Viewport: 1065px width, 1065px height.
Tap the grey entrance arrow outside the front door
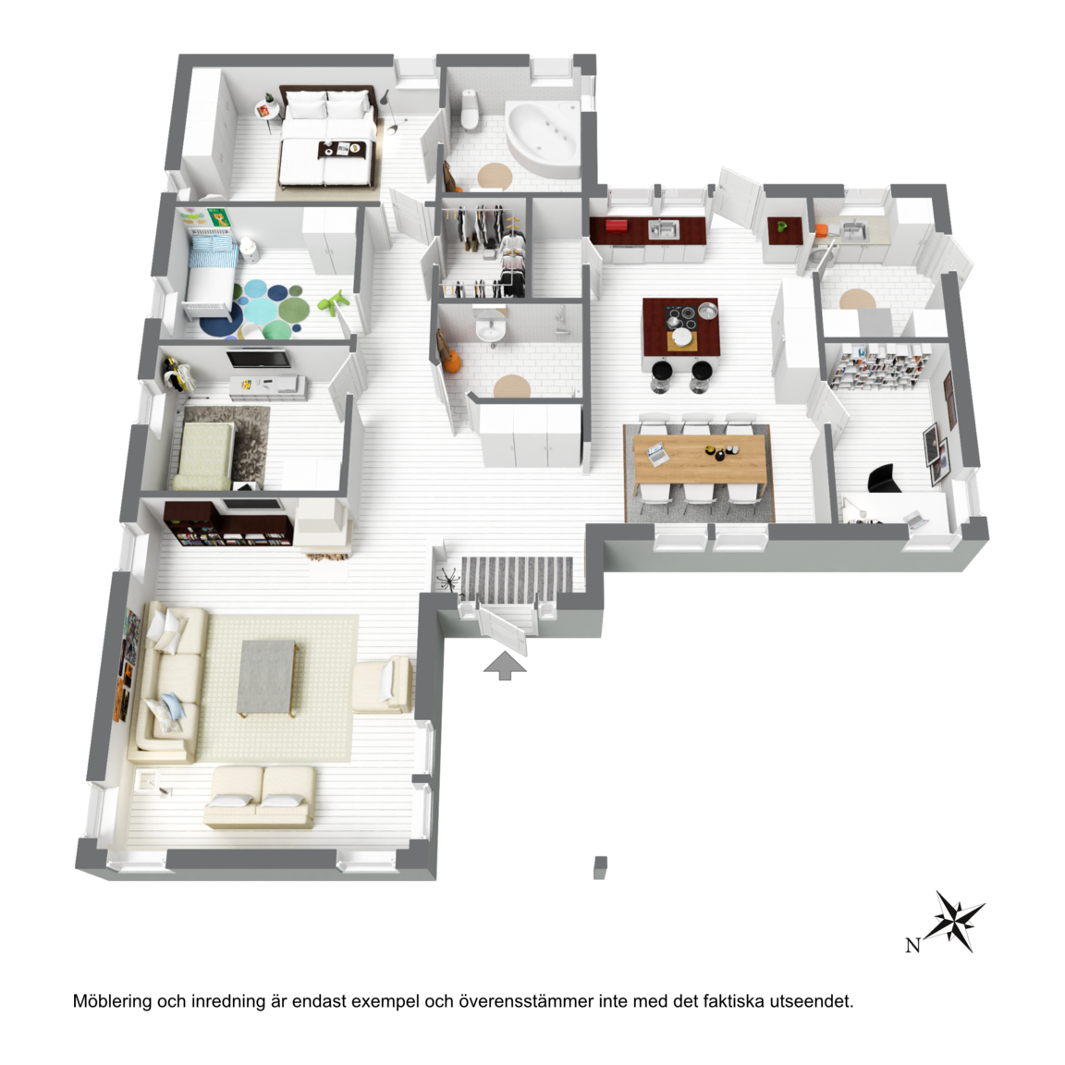[x=505, y=665]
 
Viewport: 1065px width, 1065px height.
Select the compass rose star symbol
[x=956, y=921]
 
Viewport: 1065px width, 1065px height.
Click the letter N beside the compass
[x=912, y=944]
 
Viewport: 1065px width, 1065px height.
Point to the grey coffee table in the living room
[x=267, y=677]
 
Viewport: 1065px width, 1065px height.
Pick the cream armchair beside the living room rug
[x=382, y=685]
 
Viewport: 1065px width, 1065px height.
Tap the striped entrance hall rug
[x=517, y=581]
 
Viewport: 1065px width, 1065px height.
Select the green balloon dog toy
[x=334, y=303]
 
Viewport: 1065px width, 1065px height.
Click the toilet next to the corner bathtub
[x=470, y=109]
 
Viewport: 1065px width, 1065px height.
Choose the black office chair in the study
[x=885, y=478]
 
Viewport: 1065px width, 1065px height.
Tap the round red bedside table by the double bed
[x=265, y=111]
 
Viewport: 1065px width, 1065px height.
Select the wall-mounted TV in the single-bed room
[x=259, y=360]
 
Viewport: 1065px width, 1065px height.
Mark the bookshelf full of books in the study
[x=880, y=367]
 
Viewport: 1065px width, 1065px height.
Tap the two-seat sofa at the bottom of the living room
[x=260, y=798]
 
